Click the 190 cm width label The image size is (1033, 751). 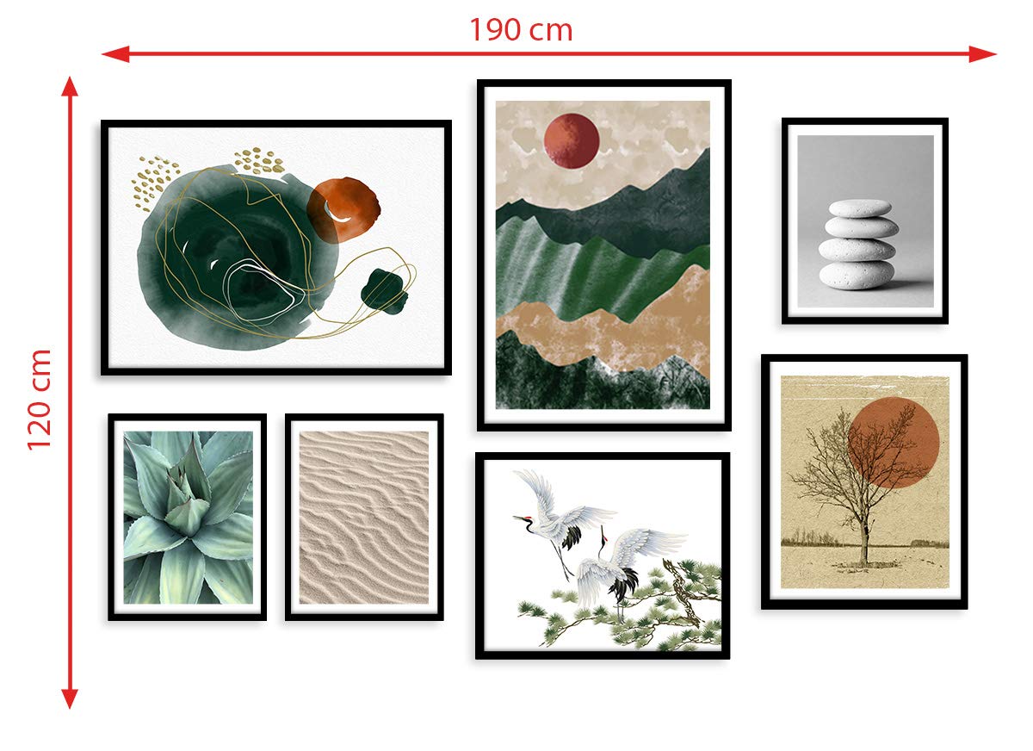coord(521,30)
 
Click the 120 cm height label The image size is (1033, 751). coord(40,400)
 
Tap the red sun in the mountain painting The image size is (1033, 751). coord(572,141)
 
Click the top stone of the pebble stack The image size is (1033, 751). coord(860,208)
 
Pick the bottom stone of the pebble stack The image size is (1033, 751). coord(857,276)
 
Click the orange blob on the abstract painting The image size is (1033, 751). coord(343,210)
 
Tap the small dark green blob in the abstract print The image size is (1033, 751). coord(384,291)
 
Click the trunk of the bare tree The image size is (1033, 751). coord(863,544)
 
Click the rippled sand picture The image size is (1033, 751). coord(364,517)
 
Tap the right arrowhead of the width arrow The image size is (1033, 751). coord(983,54)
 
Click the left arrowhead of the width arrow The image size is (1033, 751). coord(115,54)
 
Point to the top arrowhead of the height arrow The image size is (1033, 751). coord(70,86)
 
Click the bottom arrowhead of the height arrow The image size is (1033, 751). coord(70,698)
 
